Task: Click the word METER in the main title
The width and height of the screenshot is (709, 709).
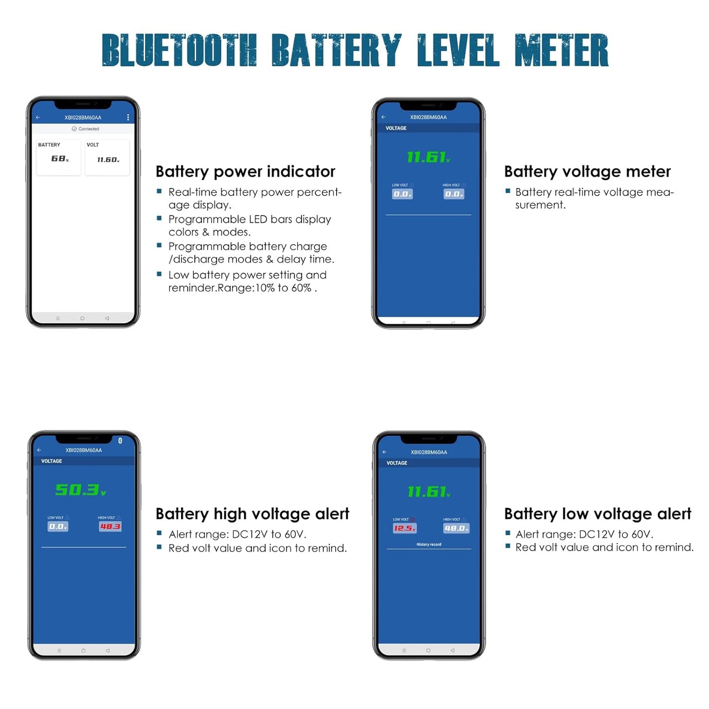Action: (561, 50)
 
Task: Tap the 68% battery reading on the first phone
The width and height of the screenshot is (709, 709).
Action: (60, 158)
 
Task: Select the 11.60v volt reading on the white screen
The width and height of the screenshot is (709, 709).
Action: (108, 159)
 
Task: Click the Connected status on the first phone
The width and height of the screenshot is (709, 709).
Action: (86, 129)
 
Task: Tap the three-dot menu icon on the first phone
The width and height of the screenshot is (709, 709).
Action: (128, 117)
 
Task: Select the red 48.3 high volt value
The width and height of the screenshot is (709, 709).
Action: (110, 526)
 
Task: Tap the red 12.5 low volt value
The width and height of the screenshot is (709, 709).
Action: (404, 528)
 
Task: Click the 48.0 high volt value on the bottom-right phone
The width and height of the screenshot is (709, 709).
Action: (456, 528)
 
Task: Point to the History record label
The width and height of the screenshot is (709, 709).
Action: (428, 544)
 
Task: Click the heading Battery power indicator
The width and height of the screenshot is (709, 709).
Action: (245, 171)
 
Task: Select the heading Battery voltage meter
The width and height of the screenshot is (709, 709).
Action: (587, 171)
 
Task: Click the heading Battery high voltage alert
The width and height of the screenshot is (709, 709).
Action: (252, 514)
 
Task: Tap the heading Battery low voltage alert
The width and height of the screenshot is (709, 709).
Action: (598, 514)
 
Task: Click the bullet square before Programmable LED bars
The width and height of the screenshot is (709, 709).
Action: (159, 218)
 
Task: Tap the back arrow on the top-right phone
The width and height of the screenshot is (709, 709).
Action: (384, 117)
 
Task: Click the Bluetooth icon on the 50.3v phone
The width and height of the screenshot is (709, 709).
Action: (120, 440)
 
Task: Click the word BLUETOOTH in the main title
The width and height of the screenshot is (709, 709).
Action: (179, 50)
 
